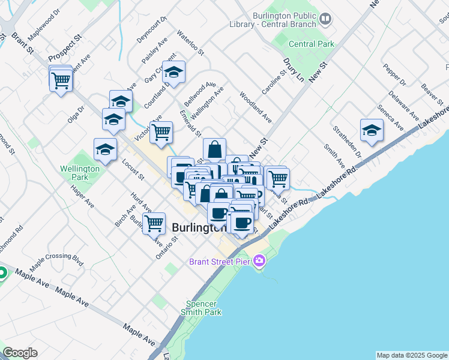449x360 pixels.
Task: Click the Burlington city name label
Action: pyautogui.click(x=199, y=228)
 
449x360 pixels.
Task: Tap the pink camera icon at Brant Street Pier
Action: pyautogui.click(x=259, y=261)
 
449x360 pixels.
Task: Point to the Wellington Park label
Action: pyautogui.click(x=80, y=173)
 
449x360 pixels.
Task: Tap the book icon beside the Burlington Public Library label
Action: pyautogui.click(x=325, y=19)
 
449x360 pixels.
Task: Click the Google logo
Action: pyautogui.click(x=20, y=353)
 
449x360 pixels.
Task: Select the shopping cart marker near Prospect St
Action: pyautogui.click(x=61, y=79)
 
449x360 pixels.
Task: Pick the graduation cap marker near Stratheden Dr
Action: pyautogui.click(x=372, y=130)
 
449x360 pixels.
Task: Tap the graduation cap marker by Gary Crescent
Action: pyautogui.click(x=173, y=73)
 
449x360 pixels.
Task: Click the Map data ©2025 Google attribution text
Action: pyautogui.click(x=412, y=355)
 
